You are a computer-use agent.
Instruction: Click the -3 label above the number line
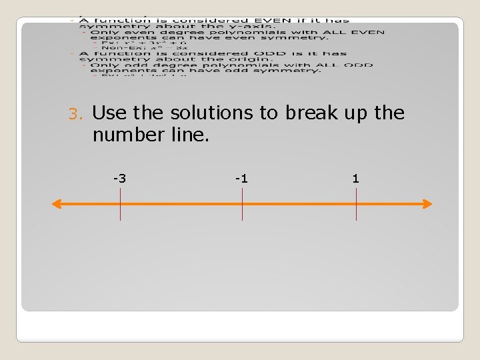(x=120, y=178)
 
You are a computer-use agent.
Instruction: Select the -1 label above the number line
(x=241, y=178)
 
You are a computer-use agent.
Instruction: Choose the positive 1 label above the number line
(x=355, y=178)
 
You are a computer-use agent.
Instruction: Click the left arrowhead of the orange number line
(x=57, y=204)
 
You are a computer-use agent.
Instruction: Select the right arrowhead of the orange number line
(x=427, y=204)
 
